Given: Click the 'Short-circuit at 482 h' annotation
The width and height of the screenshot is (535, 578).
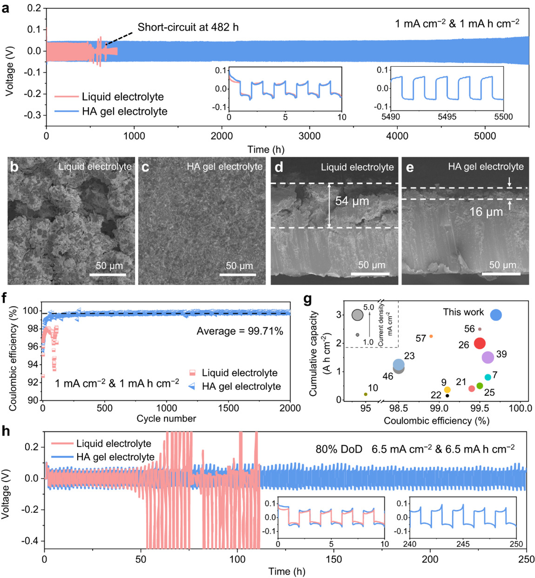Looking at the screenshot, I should point(188,27).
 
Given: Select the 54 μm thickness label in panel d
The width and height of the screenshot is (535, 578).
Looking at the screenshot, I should point(352,201).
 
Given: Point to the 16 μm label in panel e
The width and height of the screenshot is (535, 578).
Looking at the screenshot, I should point(486,212).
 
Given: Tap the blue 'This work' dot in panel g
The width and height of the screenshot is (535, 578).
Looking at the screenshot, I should point(496,315).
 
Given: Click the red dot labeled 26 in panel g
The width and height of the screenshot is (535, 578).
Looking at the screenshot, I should point(480,343).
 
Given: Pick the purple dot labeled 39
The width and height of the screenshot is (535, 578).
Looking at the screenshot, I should point(488,357).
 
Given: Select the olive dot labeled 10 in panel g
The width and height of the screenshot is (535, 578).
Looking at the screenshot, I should point(366,394).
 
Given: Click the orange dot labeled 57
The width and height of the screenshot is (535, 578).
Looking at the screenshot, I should point(431,336).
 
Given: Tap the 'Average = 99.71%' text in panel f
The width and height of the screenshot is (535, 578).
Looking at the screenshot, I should point(240,331).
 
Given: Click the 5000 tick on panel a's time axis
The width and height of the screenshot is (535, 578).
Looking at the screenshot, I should point(485,136).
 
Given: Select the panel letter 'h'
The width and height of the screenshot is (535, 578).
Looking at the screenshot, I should point(6,431).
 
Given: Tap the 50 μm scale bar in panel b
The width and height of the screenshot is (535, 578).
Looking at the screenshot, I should point(108,274).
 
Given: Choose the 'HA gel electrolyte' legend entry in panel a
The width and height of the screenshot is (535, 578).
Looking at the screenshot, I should point(125,111).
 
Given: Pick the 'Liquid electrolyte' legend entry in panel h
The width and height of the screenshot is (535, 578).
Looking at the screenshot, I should point(114,443).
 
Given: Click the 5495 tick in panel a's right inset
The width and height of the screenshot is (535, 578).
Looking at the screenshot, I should point(447,117).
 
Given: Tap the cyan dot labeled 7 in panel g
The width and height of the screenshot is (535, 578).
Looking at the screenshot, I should point(488,377).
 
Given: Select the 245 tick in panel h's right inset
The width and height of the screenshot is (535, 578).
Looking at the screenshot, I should point(463,544).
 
